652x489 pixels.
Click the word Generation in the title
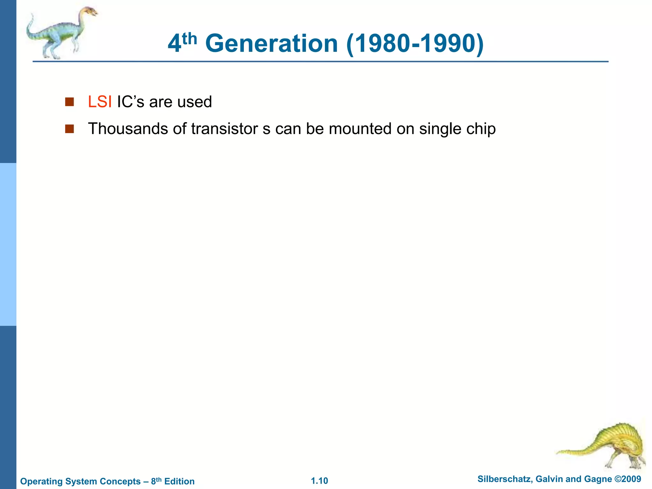(271, 44)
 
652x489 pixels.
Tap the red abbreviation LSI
(100, 102)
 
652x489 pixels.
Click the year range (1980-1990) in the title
(415, 44)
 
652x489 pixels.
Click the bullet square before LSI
(69, 102)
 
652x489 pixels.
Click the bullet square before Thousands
(69, 129)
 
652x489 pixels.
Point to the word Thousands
(128, 129)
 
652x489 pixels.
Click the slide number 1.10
(319, 481)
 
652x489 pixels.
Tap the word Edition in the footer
(179, 481)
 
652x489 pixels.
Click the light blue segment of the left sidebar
(8, 244)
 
